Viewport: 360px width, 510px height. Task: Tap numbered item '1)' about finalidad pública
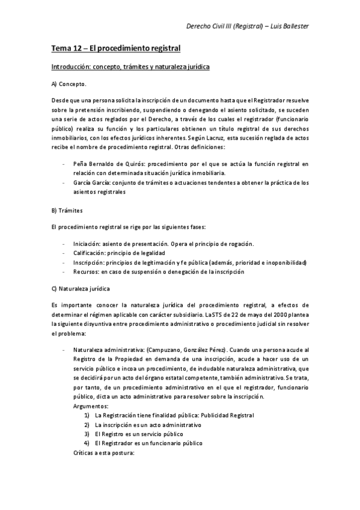(88, 416)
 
